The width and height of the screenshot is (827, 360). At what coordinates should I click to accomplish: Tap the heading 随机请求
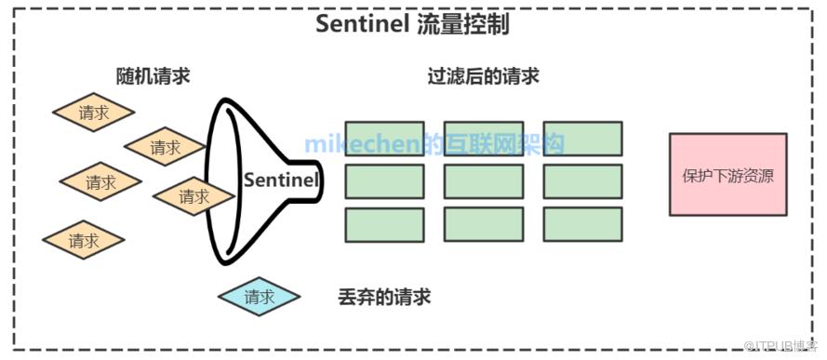[x=153, y=77]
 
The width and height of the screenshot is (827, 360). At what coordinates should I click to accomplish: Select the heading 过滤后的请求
[x=483, y=77]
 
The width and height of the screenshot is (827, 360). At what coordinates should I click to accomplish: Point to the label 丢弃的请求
[x=384, y=298]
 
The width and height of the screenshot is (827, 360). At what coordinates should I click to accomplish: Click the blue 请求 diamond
[x=259, y=297]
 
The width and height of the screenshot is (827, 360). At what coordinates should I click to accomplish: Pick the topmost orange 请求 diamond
[x=93, y=113]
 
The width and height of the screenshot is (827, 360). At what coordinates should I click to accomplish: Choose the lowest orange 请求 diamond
[x=84, y=240]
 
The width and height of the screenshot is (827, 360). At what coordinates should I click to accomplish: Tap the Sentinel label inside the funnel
[x=281, y=180]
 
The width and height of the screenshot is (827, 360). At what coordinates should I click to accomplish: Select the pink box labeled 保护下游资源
[x=727, y=175]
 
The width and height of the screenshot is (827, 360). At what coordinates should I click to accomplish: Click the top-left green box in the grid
[x=384, y=139]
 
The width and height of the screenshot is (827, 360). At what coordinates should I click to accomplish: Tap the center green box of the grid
[x=484, y=181]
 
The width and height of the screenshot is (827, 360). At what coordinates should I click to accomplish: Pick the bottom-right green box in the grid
[x=582, y=224]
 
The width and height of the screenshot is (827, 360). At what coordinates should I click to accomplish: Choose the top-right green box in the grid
[x=582, y=139]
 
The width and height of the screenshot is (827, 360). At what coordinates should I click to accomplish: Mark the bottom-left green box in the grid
[x=384, y=224]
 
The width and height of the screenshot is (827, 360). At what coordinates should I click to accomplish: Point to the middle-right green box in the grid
[x=582, y=181]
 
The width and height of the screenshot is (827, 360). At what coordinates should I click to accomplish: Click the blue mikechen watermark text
[x=434, y=143]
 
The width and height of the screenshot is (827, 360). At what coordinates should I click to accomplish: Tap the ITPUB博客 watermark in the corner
[x=784, y=346]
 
